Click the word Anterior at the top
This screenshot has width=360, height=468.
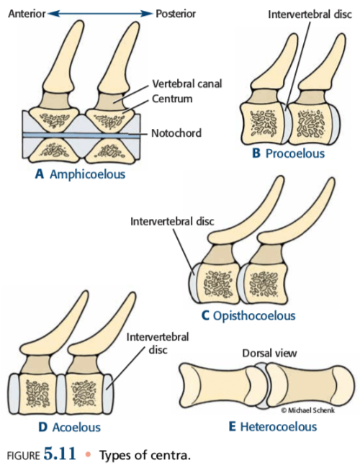coord(27,14)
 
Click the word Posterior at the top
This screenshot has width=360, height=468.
coord(176,14)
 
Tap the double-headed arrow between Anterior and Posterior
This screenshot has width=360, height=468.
coord(100,14)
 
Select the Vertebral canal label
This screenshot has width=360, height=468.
coord(187,84)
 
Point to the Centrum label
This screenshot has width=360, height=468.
coord(172,99)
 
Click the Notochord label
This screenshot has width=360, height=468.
coord(176,132)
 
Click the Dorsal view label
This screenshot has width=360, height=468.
coord(269,354)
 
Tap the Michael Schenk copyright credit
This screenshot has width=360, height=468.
coord(307,410)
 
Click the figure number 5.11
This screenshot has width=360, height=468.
coord(60,454)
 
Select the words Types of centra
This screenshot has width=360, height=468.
coord(145,456)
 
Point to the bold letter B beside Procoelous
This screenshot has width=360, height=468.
coord(256,153)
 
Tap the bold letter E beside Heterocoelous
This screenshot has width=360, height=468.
coord(233,426)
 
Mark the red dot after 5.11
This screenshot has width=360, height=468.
coord(88,454)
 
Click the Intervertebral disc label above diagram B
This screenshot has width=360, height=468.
coord(310,14)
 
